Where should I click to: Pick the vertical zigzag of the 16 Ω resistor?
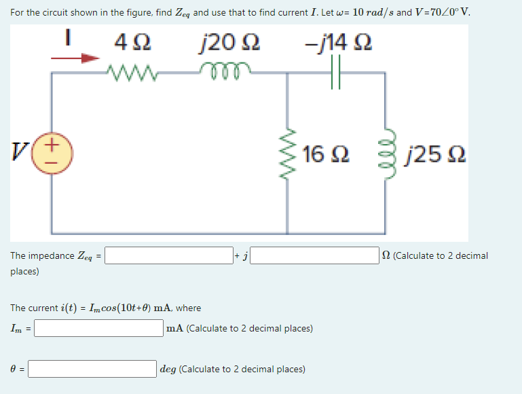(x=288, y=153)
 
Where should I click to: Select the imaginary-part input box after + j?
(x=316, y=256)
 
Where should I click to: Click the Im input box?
(x=98, y=329)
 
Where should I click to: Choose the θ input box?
(x=92, y=369)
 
